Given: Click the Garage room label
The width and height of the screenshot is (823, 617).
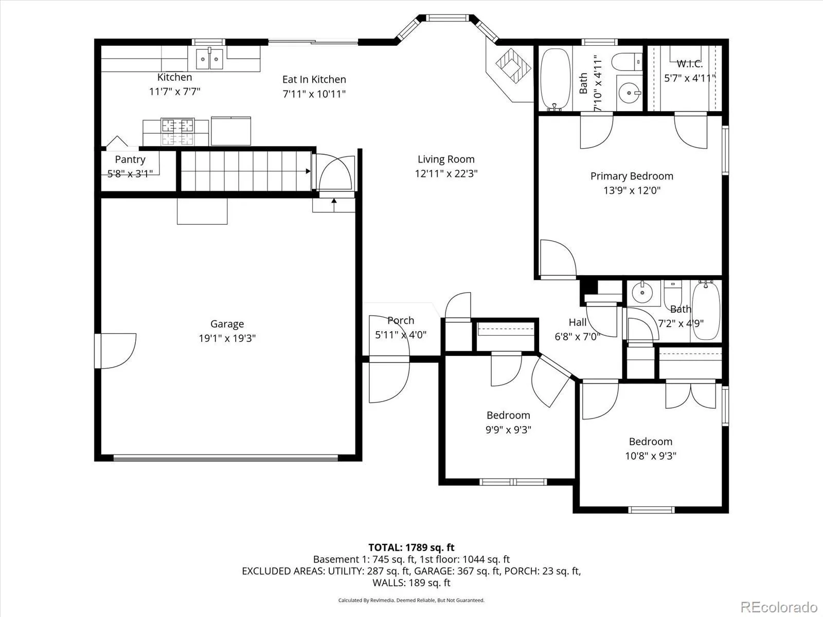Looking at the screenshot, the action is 227,324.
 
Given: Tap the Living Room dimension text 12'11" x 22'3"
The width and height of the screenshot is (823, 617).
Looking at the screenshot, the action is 446,174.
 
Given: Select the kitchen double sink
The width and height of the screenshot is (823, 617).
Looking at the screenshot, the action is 209,59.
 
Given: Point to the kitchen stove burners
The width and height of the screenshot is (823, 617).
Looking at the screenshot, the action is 177,132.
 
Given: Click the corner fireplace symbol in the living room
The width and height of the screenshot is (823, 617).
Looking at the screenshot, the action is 513,66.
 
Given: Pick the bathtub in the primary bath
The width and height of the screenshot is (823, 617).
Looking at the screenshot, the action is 556,79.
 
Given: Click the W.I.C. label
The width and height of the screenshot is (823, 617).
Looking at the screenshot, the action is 690,64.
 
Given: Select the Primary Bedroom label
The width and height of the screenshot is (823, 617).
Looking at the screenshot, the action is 632,176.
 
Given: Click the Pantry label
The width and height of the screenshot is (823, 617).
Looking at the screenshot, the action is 130,159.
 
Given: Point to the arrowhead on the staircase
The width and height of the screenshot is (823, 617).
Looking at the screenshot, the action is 308,171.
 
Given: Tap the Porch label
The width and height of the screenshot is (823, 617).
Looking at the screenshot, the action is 401,320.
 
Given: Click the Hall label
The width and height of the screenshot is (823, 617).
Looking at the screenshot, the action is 578,322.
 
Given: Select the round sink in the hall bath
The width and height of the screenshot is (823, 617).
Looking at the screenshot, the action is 642,293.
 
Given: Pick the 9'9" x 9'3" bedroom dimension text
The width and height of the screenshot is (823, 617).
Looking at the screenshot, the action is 508,430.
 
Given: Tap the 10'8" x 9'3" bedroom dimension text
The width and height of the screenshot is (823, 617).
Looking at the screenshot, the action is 651,456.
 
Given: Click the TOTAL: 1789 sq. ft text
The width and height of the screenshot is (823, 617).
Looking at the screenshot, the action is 411,548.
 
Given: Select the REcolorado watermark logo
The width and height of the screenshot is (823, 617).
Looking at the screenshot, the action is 779,607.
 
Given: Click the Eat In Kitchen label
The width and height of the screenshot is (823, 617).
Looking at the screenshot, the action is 314,79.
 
